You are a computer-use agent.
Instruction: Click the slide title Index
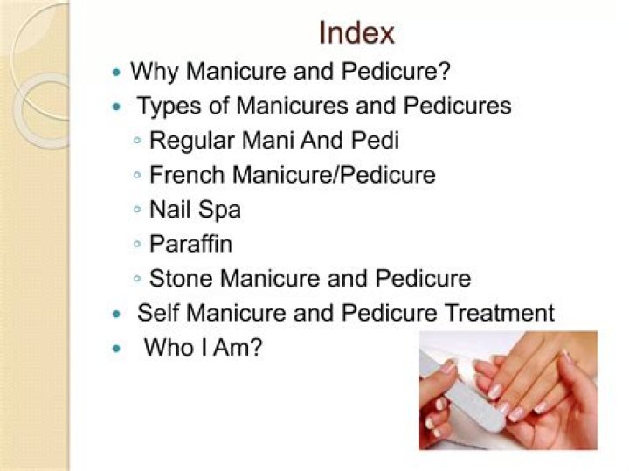(x=356, y=33)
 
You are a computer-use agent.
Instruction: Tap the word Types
(x=168, y=107)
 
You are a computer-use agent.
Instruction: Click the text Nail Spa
(x=195, y=210)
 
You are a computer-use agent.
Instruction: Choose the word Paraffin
(x=191, y=244)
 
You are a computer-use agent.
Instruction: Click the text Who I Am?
(x=204, y=347)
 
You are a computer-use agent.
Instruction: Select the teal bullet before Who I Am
(x=117, y=348)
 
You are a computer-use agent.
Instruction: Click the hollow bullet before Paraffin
(x=138, y=245)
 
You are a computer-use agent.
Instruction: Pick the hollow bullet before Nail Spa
(x=138, y=211)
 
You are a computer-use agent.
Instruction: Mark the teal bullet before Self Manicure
(x=117, y=314)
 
